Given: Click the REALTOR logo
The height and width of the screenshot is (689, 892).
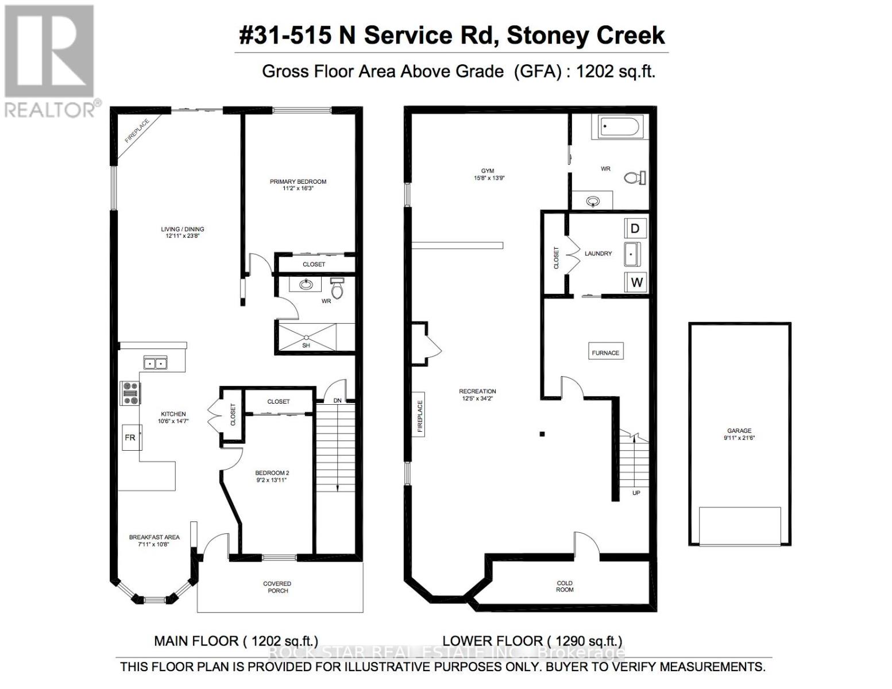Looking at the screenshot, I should (x=49, y=60).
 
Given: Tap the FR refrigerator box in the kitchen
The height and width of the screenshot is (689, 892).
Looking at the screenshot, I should (x=130, y=438).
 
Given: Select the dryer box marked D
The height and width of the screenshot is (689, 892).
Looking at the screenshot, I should (x=635, y=229).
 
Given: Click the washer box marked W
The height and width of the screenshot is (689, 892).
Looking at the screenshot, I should (x=636, y=282).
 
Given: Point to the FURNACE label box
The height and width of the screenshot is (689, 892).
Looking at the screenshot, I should (x=605, y=353).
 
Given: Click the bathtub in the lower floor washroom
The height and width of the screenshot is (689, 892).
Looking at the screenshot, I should (x=621, y=126).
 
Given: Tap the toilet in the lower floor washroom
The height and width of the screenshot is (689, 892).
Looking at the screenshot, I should (x=635, y=178).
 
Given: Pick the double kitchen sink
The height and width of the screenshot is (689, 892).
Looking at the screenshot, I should (x=155, y=363).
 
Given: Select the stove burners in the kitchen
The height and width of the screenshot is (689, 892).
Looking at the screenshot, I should (x=129, y=393).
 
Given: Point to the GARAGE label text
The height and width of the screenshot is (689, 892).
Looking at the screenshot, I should (x=739, y=431).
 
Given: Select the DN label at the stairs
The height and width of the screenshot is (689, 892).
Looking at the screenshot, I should (x=337, y=400).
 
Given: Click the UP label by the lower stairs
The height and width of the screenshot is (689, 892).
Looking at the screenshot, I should (x=636, y=493).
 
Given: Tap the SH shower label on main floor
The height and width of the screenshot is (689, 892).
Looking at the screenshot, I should (x=306, y=346).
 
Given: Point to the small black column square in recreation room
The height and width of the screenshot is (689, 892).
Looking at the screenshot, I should (x=542, y=434).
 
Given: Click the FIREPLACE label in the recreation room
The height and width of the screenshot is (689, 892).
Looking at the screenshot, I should (x=420, y=416).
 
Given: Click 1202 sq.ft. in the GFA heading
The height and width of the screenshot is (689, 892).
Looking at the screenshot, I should (x=615, y=71).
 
